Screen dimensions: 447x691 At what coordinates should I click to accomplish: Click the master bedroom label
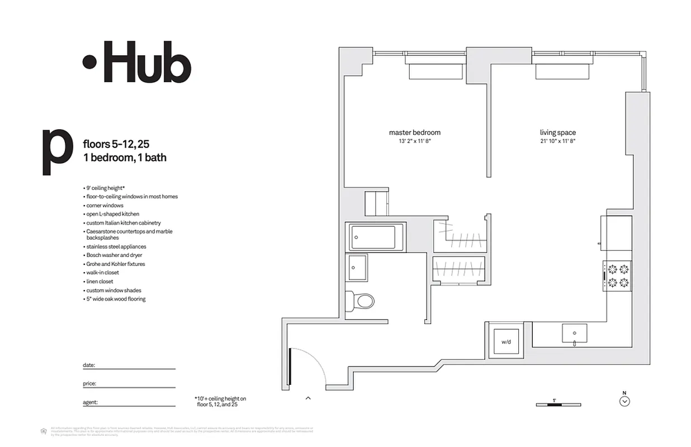tap(414, 132)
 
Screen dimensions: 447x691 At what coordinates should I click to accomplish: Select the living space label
tap(557, 132)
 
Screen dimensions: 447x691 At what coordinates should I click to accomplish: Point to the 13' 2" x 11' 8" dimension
tap(414, 141)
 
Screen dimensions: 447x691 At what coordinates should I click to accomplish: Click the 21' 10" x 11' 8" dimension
tap(557, 141)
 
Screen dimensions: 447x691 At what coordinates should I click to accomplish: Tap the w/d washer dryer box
tap(506, 341)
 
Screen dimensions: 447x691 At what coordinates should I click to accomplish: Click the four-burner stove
tap(617, 276)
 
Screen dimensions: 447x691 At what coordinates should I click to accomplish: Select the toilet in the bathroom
tap(361, 302)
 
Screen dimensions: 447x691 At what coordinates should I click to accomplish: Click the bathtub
tap(376, 237)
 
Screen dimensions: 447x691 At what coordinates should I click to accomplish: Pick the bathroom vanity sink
tap(356, 268)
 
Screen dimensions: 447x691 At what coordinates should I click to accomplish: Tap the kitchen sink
tap(574, 334)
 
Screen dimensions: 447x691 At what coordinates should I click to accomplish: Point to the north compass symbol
tap(625, 401)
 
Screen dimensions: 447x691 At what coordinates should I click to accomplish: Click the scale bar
tap(558, 404)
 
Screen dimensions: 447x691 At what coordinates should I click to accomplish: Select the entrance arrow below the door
tap(307, 398)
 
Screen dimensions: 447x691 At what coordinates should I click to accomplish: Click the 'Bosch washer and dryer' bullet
tap(114, 255)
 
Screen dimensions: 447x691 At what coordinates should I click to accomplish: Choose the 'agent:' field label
tap(90, 402)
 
